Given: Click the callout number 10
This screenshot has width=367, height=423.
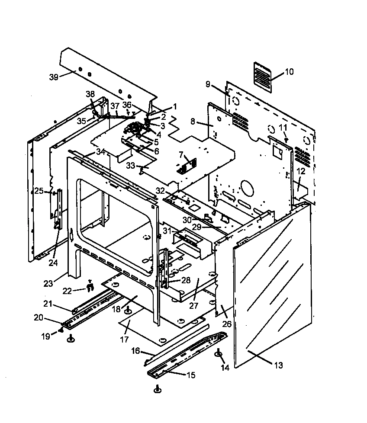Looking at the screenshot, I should point(289,72).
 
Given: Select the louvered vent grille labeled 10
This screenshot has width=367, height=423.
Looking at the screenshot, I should point(262,77).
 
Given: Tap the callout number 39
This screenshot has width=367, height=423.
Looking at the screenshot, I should point(54,77).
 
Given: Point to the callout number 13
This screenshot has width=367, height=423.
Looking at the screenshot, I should point(278,365).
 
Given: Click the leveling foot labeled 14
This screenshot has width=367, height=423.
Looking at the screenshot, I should point(219,355).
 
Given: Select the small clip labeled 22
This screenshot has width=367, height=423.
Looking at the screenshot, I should point(90,286).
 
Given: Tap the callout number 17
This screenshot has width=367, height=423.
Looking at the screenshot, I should point(124,340).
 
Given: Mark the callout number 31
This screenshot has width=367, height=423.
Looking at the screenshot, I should point(167,231).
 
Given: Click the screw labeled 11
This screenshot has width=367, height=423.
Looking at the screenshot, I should point(286,139).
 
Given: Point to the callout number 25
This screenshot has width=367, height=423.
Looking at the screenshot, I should point(39,191).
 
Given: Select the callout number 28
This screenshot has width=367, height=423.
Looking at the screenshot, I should point(186,280).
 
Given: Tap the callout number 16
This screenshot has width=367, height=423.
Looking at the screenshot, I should point(136,351).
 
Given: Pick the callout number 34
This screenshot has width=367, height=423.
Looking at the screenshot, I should point(100,151).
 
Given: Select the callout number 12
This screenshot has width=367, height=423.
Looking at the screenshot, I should point(301,171).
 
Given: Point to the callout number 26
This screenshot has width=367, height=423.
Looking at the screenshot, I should point(227,324).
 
